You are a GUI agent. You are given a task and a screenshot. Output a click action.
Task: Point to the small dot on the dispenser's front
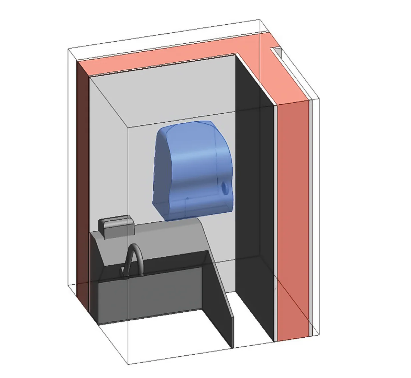coord(187,198)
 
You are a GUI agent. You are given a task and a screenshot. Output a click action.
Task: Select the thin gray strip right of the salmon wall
coord(310,217)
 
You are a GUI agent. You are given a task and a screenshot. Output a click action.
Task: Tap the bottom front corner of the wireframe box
coord(129,364)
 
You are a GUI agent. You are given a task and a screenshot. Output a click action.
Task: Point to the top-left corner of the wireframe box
coord(68,49)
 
